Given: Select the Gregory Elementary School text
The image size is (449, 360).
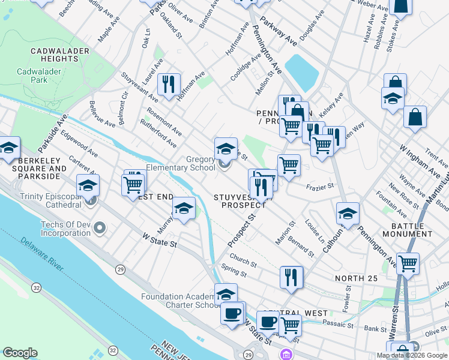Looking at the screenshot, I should pyautogui.click(x=179, y=163).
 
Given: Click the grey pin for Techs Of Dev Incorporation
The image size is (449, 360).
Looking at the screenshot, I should pyautogui.click(x=100, y=228).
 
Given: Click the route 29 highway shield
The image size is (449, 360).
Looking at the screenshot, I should pyautogui.click(x=121, y=271).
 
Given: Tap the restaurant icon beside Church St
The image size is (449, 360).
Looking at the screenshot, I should pyautogui.click(x=291, y=277).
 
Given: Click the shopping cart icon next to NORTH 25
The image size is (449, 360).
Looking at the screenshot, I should pyautogui.click(x=408, y=263).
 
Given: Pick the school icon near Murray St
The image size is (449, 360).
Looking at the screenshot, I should pyautogui.click(x=184, y=208).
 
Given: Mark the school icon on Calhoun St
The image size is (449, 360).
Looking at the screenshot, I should pyautogui.click(x=348, y=213).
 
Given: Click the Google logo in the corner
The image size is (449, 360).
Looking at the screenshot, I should pyautogui.click(x=20, y=353).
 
